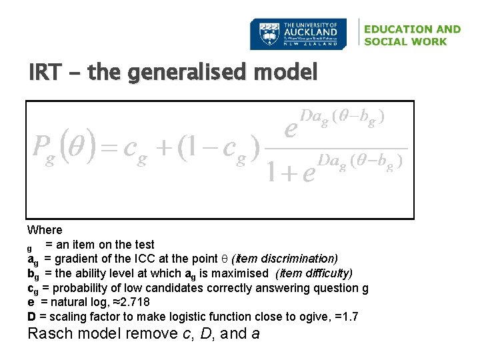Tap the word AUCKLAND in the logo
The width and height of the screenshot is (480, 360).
pos(311,31)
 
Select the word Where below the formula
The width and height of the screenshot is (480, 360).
pos(45,230)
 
